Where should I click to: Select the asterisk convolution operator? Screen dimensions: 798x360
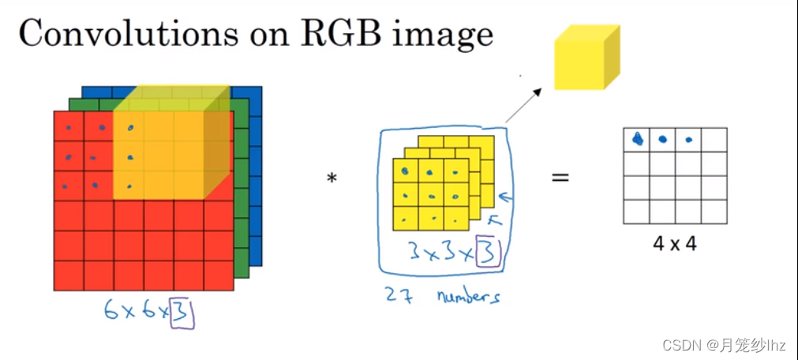pos(332,179)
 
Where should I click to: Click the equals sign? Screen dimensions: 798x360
pos(560,177)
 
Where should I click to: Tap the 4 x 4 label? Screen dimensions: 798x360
pos(674,244)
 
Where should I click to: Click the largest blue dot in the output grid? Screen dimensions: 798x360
pos(638,140)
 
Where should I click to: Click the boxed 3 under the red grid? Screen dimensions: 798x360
pos(183,312)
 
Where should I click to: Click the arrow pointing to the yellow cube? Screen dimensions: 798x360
pos(523,106)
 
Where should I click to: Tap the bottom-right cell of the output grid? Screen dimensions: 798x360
pos(714,212)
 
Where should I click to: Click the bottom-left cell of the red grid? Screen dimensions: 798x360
pos(69,275)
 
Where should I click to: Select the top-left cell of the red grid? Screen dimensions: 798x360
pos(69,127)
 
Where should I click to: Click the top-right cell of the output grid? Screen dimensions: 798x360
pos(714,141)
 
